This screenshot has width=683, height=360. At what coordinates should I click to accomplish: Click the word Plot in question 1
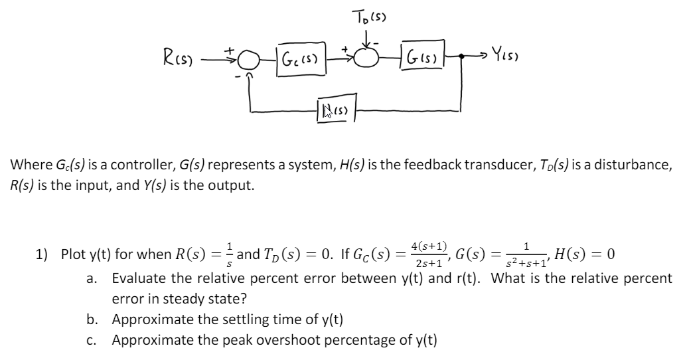point(73,254)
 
